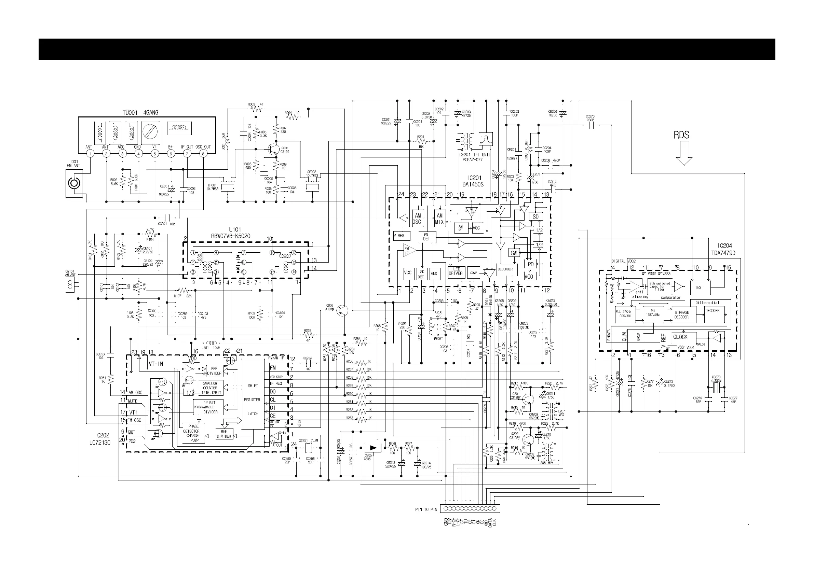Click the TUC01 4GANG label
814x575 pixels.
coord(140,113)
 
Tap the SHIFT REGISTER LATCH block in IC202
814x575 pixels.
coord(253,399)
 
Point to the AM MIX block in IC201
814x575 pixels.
coord(439,219)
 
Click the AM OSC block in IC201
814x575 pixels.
coord(418,219)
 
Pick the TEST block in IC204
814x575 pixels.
coord(700,287)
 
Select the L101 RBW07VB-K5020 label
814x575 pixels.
coord(235,233)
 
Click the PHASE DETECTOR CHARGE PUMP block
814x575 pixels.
coord(193,433)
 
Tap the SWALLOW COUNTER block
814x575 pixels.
coord(210,388)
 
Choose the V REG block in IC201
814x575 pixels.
coord(401,236)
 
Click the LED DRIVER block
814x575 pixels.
coord(456,271)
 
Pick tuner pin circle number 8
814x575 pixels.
coord(203,154)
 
